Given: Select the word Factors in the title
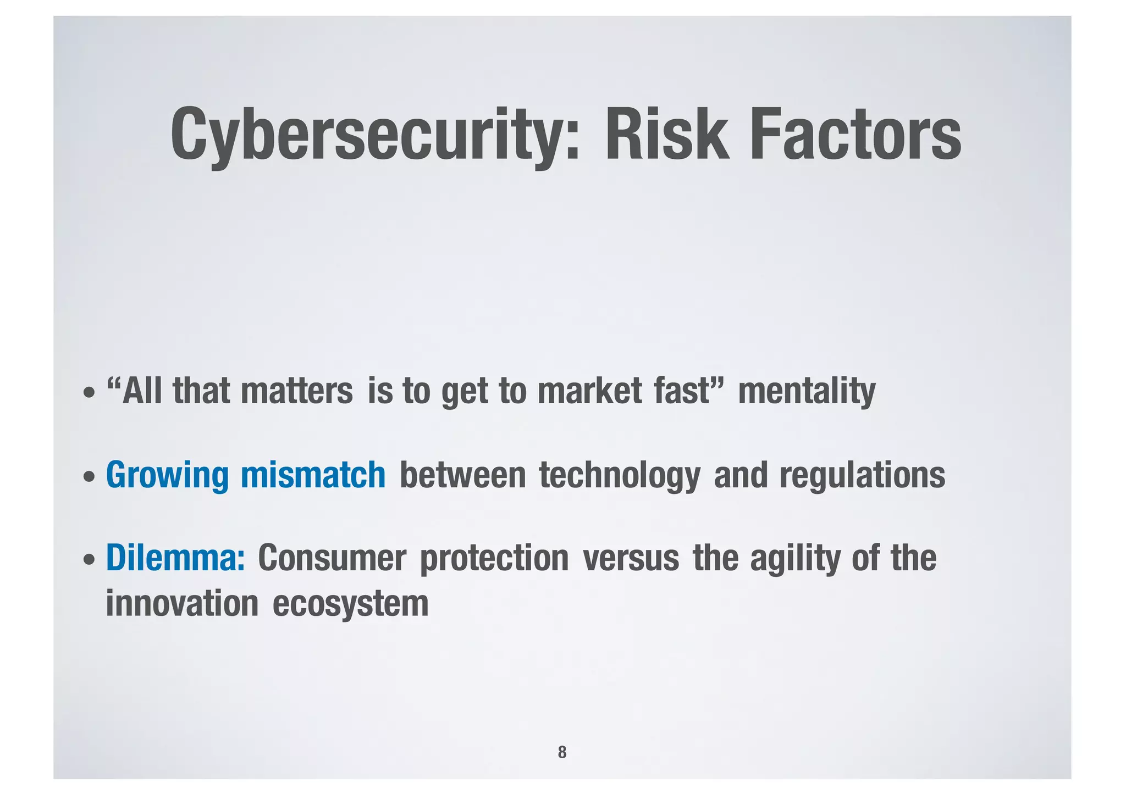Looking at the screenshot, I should tap(855, 135).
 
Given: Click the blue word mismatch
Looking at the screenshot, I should tap(313, 475).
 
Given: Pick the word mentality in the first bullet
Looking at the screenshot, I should tap(806, 392).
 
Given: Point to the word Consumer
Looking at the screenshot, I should tap(332, 558).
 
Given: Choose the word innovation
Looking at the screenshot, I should tap(182, 603).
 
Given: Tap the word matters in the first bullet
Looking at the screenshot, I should tap(297, 391).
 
